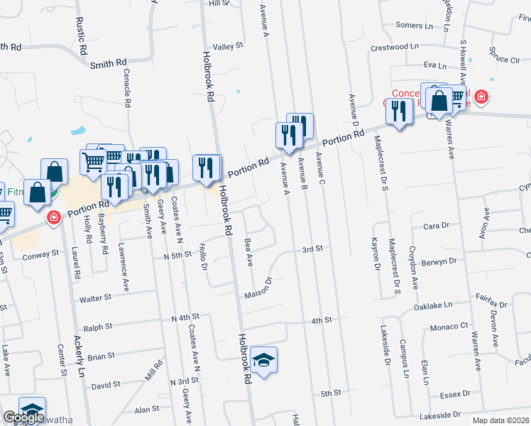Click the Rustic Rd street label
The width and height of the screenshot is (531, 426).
[83, 40]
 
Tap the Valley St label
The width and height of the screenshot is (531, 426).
[229, 46]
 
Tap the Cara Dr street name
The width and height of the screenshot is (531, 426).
[437, 226]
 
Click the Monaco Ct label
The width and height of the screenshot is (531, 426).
[450, 327]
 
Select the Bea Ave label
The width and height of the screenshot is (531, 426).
[248, 253]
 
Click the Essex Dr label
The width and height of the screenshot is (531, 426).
[455, 393]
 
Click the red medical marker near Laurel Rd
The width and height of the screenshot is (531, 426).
[53, 217]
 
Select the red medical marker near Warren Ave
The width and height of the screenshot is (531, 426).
[481, 96]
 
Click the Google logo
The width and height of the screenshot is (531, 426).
[23, 417]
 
